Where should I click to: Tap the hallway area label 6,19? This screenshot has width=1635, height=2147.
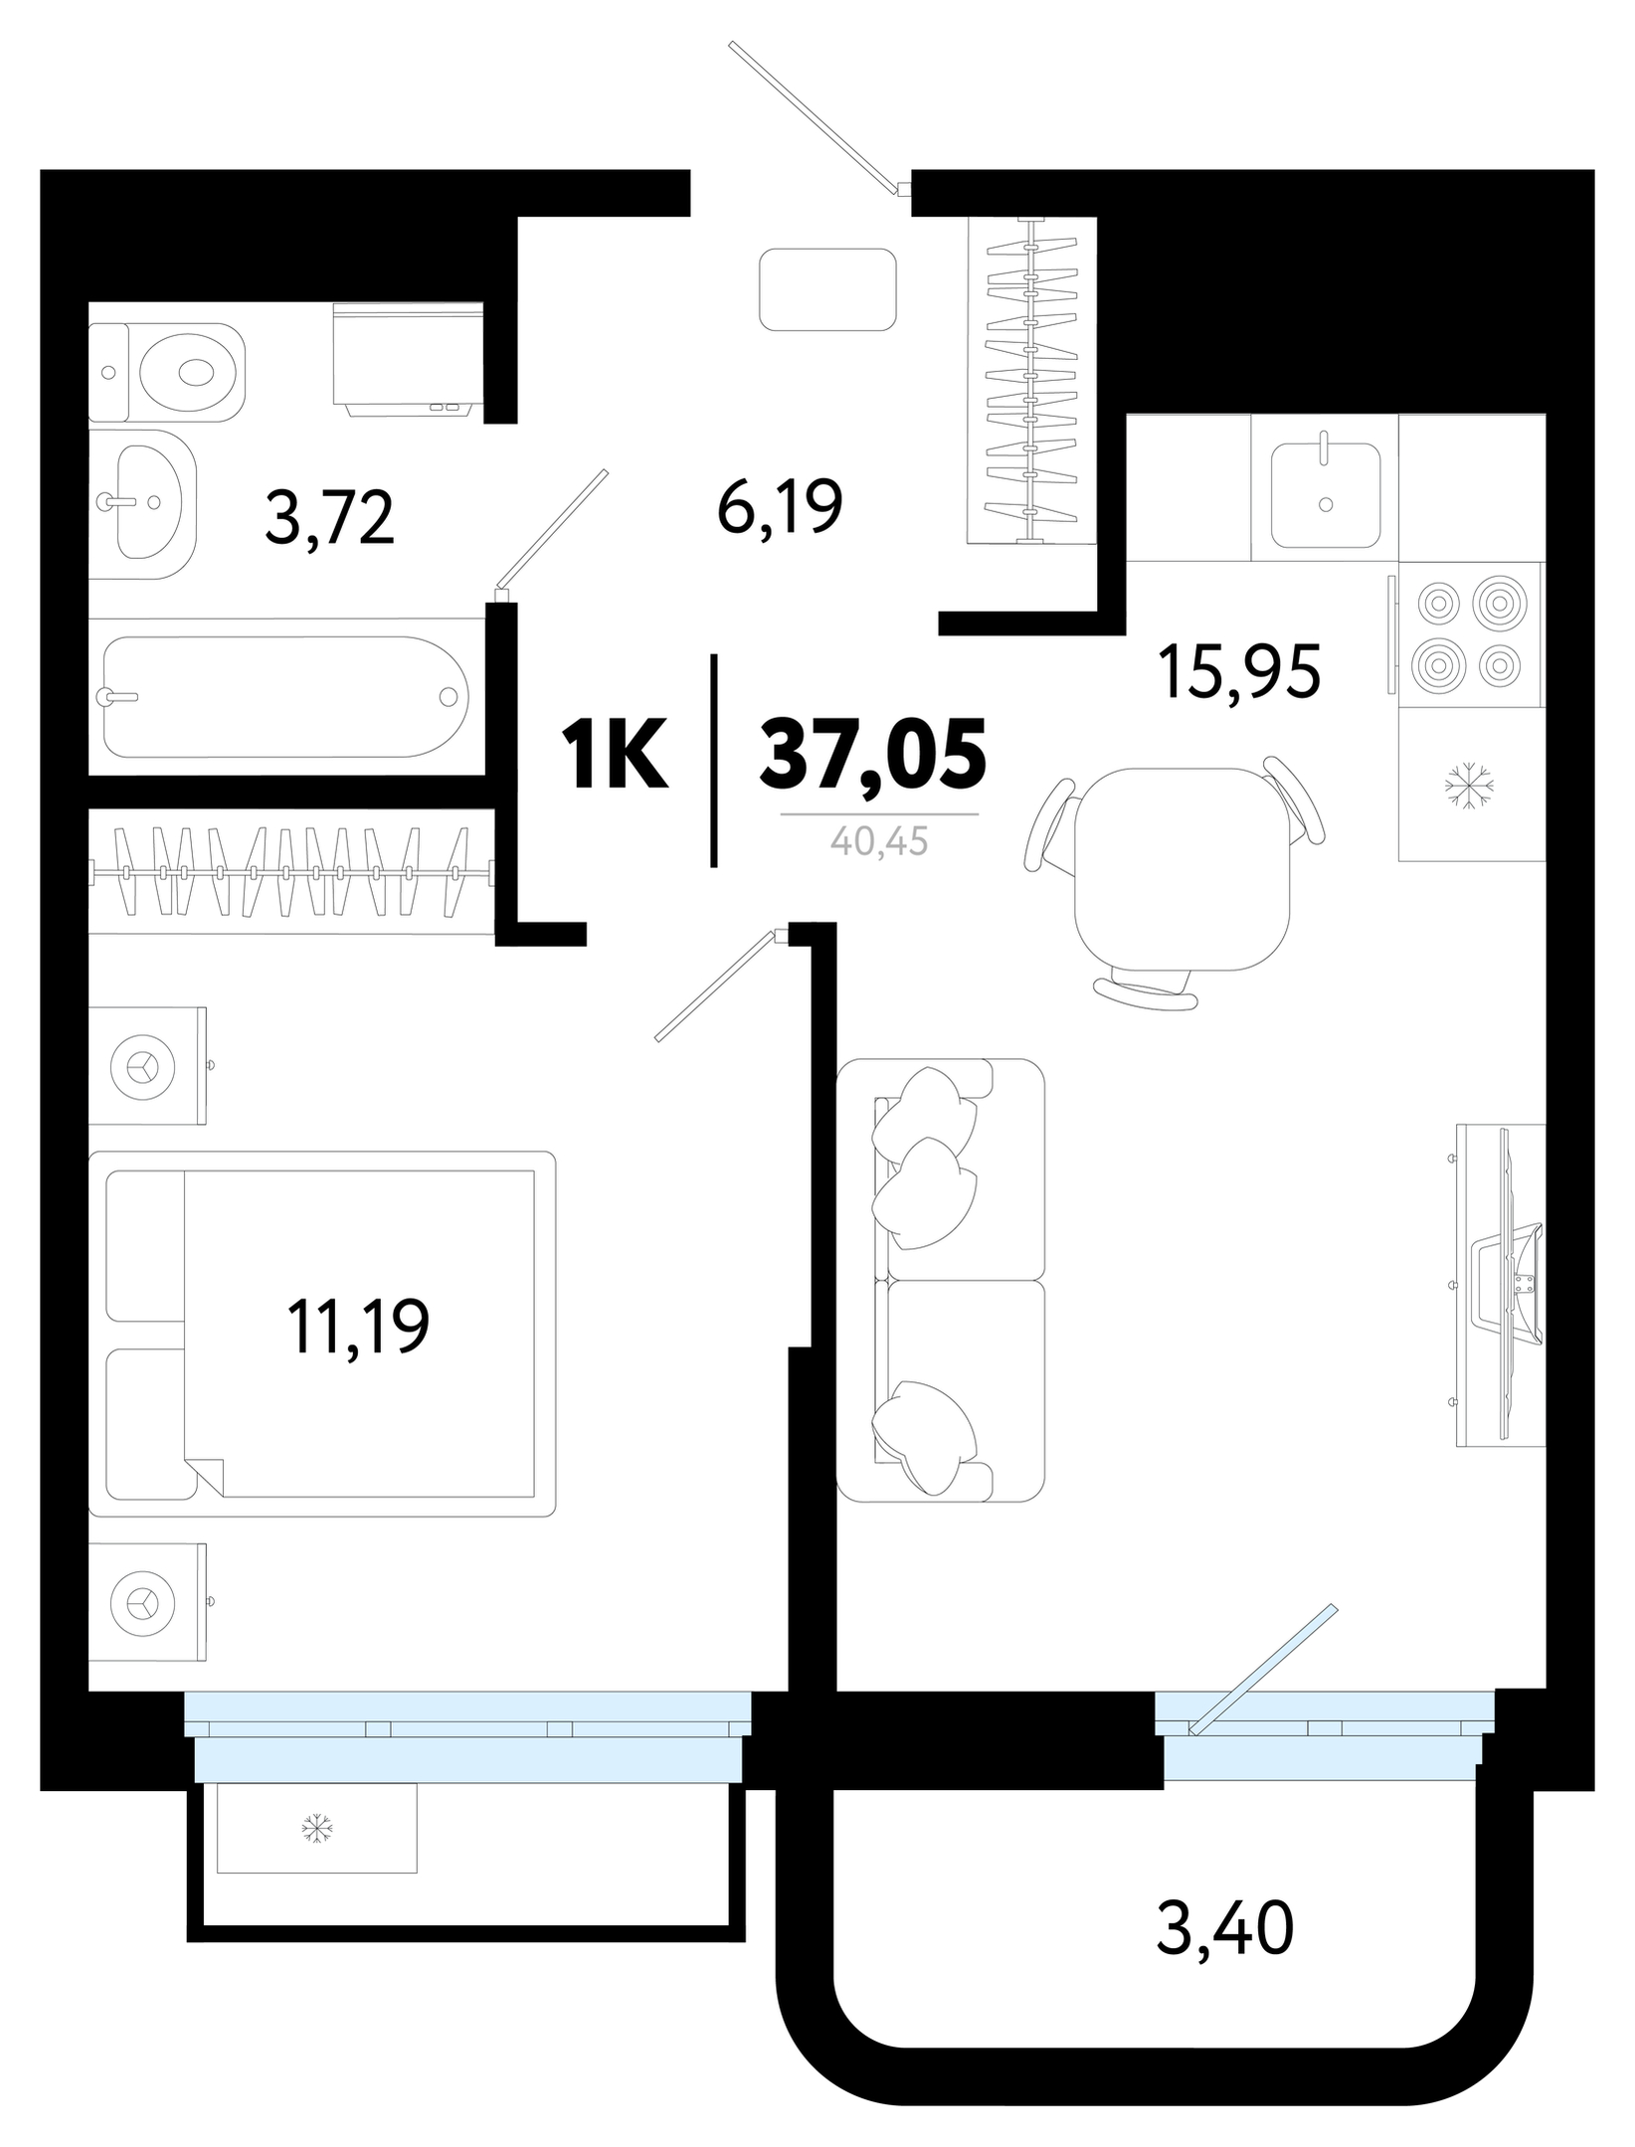(780, 506)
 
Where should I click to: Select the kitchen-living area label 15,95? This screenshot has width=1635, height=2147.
(1238, 673)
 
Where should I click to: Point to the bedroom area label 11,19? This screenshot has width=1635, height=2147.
(358, 1326)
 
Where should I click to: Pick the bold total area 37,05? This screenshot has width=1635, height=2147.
(872, 753)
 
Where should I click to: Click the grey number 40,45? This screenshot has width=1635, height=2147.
(879, 842)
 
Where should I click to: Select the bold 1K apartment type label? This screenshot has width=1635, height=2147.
(615, 755)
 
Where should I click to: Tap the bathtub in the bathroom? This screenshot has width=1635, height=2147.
(285, 697)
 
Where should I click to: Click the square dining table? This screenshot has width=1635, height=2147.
(1182, 869)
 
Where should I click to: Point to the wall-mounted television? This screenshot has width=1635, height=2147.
(1502, 1284)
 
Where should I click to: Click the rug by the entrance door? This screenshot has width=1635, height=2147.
(827, 289)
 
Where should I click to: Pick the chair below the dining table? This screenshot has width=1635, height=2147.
(1145, 990)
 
